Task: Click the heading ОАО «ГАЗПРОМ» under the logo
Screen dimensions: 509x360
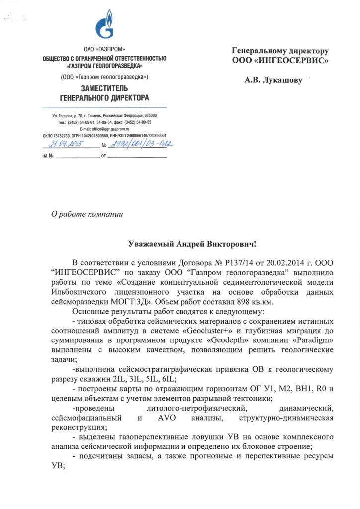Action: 104,50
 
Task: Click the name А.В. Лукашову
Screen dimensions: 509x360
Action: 273,80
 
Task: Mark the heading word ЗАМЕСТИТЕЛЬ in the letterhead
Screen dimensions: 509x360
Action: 104,88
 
